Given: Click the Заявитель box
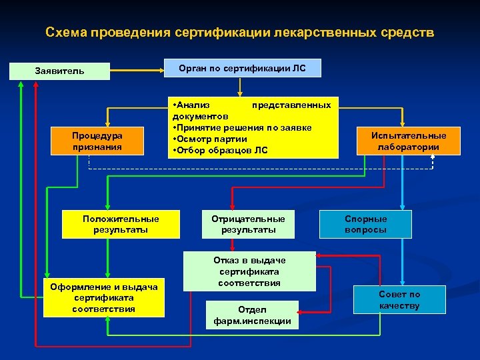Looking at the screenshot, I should (60, 71).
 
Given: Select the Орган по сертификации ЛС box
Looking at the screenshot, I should (243, 68).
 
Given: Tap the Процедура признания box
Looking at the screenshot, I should (97, 141).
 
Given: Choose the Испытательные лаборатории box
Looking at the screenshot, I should (409, 141).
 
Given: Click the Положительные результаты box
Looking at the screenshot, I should (121, 224).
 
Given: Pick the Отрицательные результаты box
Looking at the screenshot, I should (248, 224).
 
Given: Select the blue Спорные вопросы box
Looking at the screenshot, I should (366, 224).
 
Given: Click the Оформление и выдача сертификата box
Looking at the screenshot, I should (103, 298).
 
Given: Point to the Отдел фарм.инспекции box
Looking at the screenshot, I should (253, 315).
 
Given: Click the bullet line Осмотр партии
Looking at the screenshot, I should (211, 139).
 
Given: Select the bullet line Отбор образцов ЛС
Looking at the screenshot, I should (221, 150).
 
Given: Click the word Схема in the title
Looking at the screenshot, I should (67, 32).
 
